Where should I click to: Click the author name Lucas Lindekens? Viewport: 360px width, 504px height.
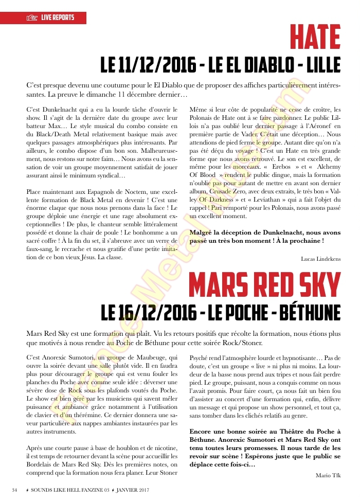320,259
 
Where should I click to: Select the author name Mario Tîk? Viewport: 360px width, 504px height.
328,476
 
